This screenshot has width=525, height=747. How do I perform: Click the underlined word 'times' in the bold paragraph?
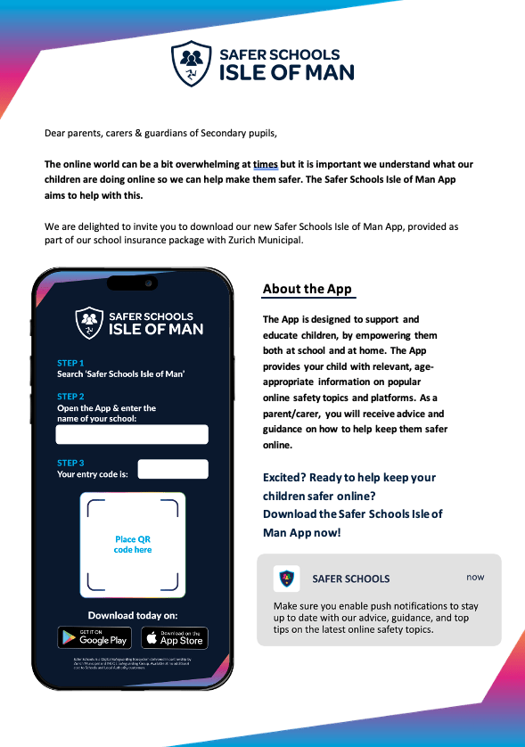pyautogui.click(x=266, y=165)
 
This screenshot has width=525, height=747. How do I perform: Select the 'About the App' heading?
pyautogui.click(x=307, y=289)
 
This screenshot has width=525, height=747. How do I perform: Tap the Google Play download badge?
pyautogui.click(x=94, y=636)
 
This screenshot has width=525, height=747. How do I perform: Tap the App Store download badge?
pyautogui.click(x=174, y=636)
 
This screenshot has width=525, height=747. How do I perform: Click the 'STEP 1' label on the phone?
pyautogui.click(x=70, y=363)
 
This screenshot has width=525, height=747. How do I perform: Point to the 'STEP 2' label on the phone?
pyautogui.click(x=70, y=397)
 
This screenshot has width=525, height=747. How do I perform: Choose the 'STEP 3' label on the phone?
pyautogui.click(x=70, y=463)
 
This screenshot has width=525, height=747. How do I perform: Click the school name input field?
pyautogui.click(x=132, y=434)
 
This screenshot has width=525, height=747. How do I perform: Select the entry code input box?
pyautogui.click(x=173, y=469)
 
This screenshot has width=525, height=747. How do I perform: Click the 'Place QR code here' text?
pyautogui.click(x=133, y=545)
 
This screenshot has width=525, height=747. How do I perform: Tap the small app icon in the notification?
pyautogui.click(x=286, y=579)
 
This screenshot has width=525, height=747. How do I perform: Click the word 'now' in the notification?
pyautogui.click(x=475, y=577)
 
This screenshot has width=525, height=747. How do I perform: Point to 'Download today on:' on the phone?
pyautogui.click(x=133, y=615)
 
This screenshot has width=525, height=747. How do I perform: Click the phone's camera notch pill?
pyautogui.click(x=132, y=283)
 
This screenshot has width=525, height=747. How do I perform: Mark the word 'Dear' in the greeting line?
pyautogui.click(x=55, y=134)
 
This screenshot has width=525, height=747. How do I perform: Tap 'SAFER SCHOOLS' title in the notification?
pyautogui.click(x=350, y=579)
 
